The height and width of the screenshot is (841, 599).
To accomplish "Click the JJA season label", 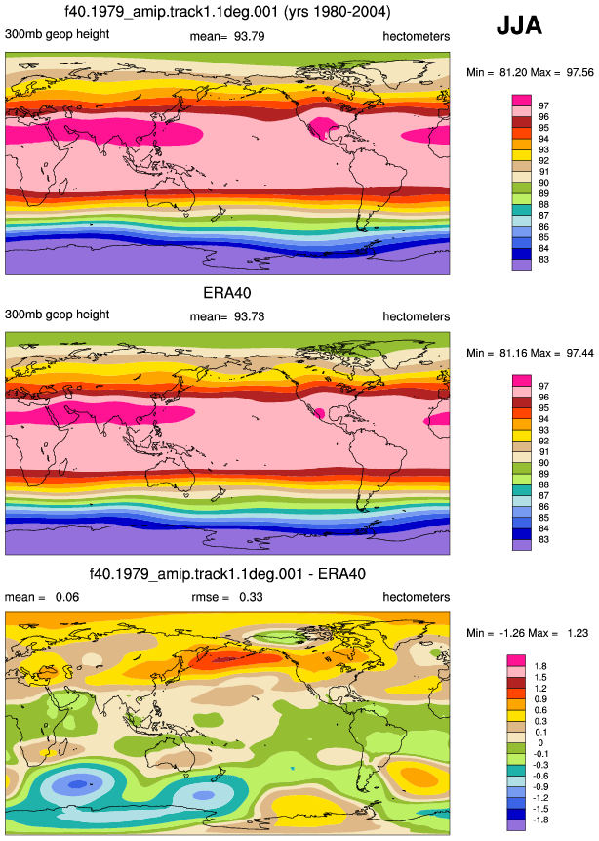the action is (x=519, y=25).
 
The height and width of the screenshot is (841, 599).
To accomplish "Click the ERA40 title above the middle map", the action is (x=227, y=293).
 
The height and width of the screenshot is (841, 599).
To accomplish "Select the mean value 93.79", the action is (x=249, y=36).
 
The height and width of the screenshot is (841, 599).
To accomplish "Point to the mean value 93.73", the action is (x=249, y=316).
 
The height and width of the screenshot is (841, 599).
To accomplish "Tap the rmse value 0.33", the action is (x=251, y=597).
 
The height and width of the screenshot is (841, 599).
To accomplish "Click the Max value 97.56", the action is (x=579, y=72).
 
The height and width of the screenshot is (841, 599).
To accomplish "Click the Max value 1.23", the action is (x=578, y=633).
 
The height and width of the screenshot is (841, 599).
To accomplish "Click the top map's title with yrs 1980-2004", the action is (x=227, y=12).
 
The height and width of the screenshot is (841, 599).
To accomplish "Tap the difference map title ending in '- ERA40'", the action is (x=227, y=574).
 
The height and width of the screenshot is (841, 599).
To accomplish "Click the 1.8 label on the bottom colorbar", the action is (x=540, y=666).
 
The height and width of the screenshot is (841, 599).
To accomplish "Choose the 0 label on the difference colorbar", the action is (x=540, y=743).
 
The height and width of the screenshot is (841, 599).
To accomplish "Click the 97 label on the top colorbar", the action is (x=543, y=105).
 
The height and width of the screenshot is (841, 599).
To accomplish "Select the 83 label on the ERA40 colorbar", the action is (x=543, y=539).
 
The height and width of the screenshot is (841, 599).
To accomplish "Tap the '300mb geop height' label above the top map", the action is (x=57, y=35).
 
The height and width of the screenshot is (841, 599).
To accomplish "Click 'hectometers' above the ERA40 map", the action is (x=417, y=316).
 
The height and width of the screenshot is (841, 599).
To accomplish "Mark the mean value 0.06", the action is (x=67, y=597).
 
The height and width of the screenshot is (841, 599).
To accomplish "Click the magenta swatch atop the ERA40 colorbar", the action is (x=522, y=380).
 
